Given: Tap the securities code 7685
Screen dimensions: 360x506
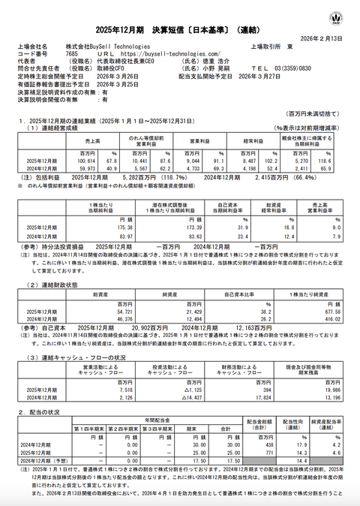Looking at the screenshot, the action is coord(72,54).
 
